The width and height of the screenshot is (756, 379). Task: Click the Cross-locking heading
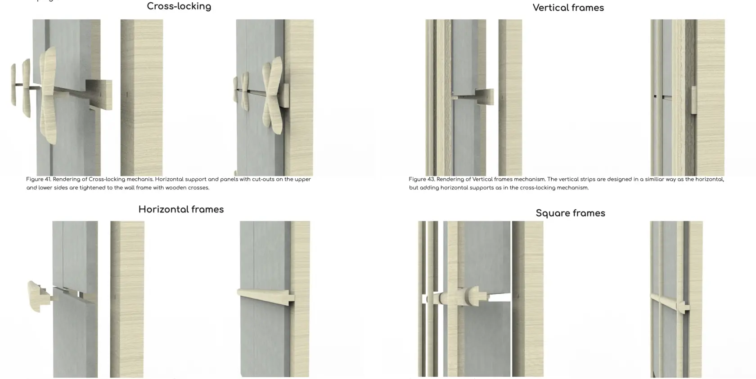click(179, 6)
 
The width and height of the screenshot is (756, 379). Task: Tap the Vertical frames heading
click(568, 8)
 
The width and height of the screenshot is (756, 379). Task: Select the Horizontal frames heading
click(181, 209)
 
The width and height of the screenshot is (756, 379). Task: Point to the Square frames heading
click(571, 213)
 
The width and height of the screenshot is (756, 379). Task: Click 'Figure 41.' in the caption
click(39, 179)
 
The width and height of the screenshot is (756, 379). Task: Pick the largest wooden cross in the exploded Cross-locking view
click(48, 95)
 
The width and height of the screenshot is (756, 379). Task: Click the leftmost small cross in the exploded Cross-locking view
click(13, 84)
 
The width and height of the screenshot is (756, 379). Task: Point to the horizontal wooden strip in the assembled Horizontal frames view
click(265, 297)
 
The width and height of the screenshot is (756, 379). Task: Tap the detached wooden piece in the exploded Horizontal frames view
click(39, 296)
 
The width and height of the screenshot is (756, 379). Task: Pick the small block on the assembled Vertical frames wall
click(694, 100)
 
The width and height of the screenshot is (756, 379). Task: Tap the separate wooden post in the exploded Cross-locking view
click(141, 97)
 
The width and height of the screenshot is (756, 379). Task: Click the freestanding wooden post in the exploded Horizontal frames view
click(127, 299)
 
